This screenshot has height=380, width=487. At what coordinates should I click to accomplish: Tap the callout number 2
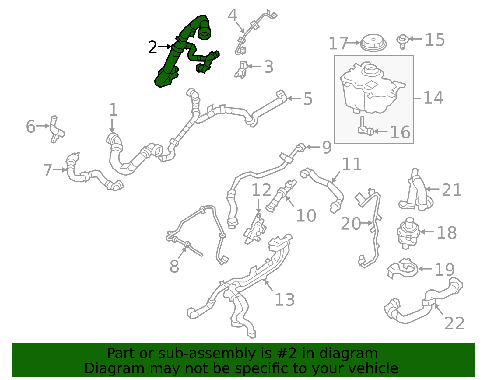coord(152,47)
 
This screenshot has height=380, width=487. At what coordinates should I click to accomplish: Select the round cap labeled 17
coord(373,43)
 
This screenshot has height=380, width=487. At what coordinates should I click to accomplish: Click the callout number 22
coord(454,323)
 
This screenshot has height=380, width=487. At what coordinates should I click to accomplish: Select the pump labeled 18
coord(408,233)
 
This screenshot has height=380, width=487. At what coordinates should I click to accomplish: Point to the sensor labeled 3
coord(241,70)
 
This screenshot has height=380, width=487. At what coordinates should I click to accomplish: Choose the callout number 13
coord(284,300)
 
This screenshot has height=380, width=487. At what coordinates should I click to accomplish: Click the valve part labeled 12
coord(255,230)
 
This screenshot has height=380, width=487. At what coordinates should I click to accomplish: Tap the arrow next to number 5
coord(294,98)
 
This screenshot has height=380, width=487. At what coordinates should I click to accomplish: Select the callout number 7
coord(48,170)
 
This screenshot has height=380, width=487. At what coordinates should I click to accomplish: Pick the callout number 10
coord(306,216)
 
